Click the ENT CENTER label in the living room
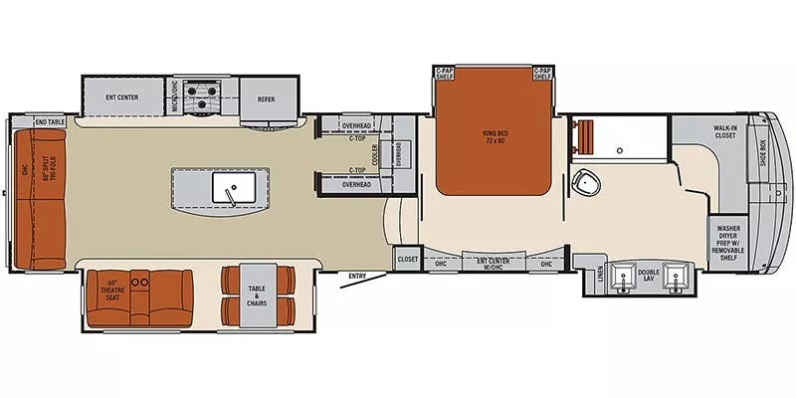click(121, 97)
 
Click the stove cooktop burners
click(206, 98)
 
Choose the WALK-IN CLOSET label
click(724, 131)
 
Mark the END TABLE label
click(49, 121)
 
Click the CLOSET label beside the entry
click(408, 259)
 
